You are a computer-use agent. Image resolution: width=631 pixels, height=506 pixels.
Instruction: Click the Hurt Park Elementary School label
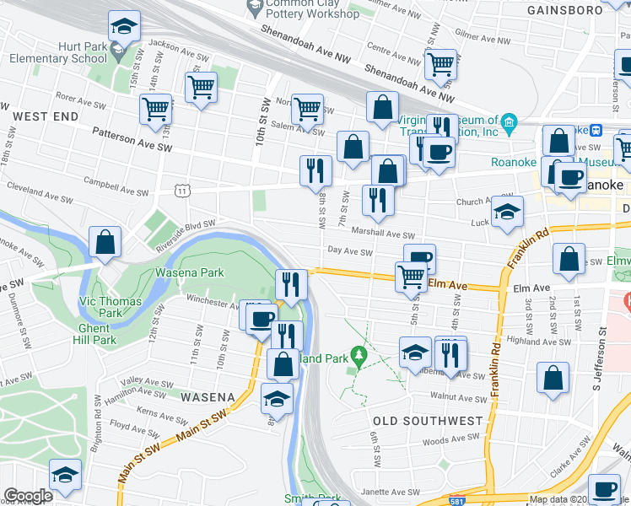coord(58,52)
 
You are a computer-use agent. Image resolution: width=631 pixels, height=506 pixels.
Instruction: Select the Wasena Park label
coord(189,272)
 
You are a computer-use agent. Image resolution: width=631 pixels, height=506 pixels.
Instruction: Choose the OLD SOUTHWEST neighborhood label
coord(428,420)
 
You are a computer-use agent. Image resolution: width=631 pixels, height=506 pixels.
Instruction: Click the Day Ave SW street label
coord(350,251)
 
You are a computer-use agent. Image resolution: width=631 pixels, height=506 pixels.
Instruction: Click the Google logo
coord(28,496)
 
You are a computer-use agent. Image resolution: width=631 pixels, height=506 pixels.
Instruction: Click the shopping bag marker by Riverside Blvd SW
coord(106,243)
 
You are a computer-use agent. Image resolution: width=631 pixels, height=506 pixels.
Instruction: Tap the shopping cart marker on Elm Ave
coord(411,276)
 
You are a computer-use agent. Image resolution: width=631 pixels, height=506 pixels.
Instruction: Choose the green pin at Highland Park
coord(359,357)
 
